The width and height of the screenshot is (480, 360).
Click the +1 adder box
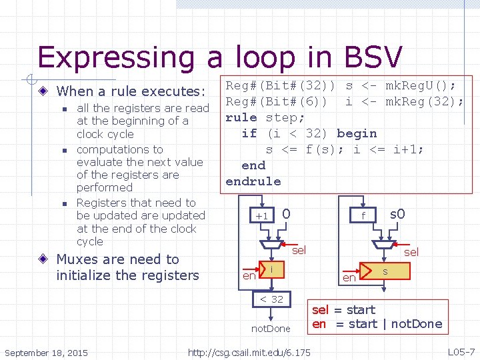(263, 215)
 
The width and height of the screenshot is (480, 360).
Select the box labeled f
(363, 215)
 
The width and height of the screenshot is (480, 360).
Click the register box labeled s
(385, 272)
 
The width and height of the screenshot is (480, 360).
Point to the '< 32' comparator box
(271, 299)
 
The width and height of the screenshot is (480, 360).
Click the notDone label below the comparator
(271, 329)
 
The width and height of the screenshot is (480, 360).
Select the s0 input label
(397, 214)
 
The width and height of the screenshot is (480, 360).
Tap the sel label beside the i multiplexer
(299, 250)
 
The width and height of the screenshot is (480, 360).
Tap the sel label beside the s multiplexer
(411, 251)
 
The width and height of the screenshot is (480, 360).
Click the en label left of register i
(249, 275)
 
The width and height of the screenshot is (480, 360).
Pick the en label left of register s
(349, 277)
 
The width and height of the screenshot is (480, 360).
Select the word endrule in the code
(253, 181)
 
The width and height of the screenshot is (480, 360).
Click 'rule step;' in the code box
(265, 117)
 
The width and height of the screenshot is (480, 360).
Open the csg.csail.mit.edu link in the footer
(249, 352)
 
